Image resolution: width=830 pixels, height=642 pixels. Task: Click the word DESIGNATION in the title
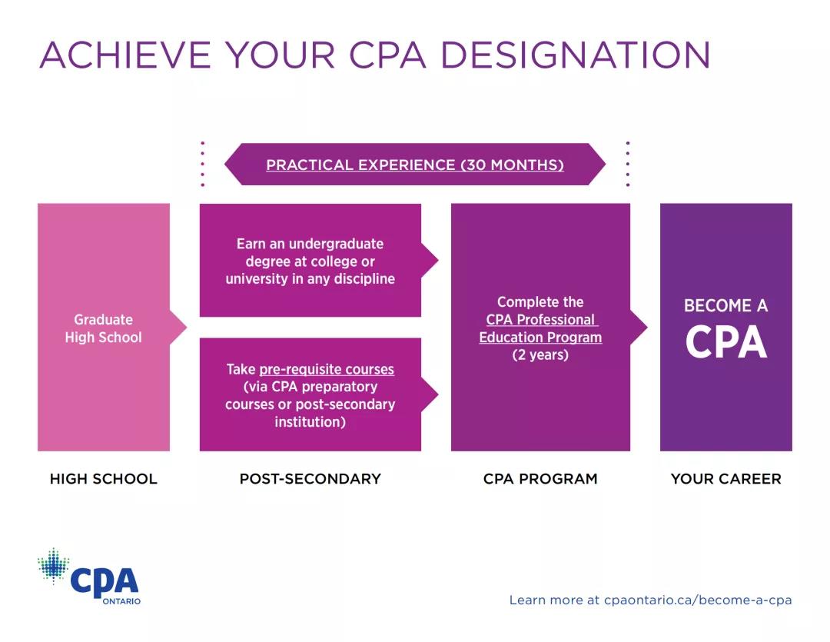(x=576, y=55)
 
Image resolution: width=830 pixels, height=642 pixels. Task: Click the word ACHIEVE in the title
(x=125, y=55)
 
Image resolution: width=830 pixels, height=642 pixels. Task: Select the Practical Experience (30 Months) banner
(x=415, y=165)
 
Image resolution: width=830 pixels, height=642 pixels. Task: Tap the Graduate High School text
(x=103, y=328)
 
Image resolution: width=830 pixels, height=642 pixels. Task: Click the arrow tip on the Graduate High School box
(x=186, y=328)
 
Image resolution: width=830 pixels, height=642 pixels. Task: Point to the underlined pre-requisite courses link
(x=327, y=369)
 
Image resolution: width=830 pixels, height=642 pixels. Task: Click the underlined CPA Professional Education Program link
(x=540, y=328)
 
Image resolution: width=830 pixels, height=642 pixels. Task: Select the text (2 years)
(x=540, y=354)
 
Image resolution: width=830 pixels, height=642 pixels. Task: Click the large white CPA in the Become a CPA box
(x=725, y=342)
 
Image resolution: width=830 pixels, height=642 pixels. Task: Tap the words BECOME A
(x=725, y=306)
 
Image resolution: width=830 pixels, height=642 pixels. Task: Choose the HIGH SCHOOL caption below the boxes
(x=103, y=479)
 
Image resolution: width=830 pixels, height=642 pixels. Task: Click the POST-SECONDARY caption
(x=310, y=479)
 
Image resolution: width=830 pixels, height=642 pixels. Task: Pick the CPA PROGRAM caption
(x=540, y=479)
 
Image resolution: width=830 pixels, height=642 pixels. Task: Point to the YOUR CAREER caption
(x=725, y=479)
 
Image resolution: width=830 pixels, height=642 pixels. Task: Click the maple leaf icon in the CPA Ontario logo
(x=54, y=566)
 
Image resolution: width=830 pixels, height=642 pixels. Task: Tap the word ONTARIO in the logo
(x=121, y=601)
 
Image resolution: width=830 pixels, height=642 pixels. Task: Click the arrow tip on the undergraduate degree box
(x=438, y=260)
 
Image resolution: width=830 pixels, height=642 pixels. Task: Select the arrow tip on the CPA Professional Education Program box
(x=647, y=328)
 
